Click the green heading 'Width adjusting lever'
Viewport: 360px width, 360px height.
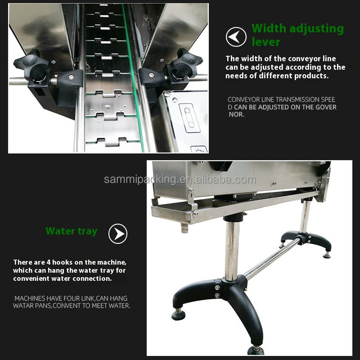297,35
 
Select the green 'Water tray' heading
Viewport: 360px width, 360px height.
71,231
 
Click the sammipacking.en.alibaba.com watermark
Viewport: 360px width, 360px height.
180,180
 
